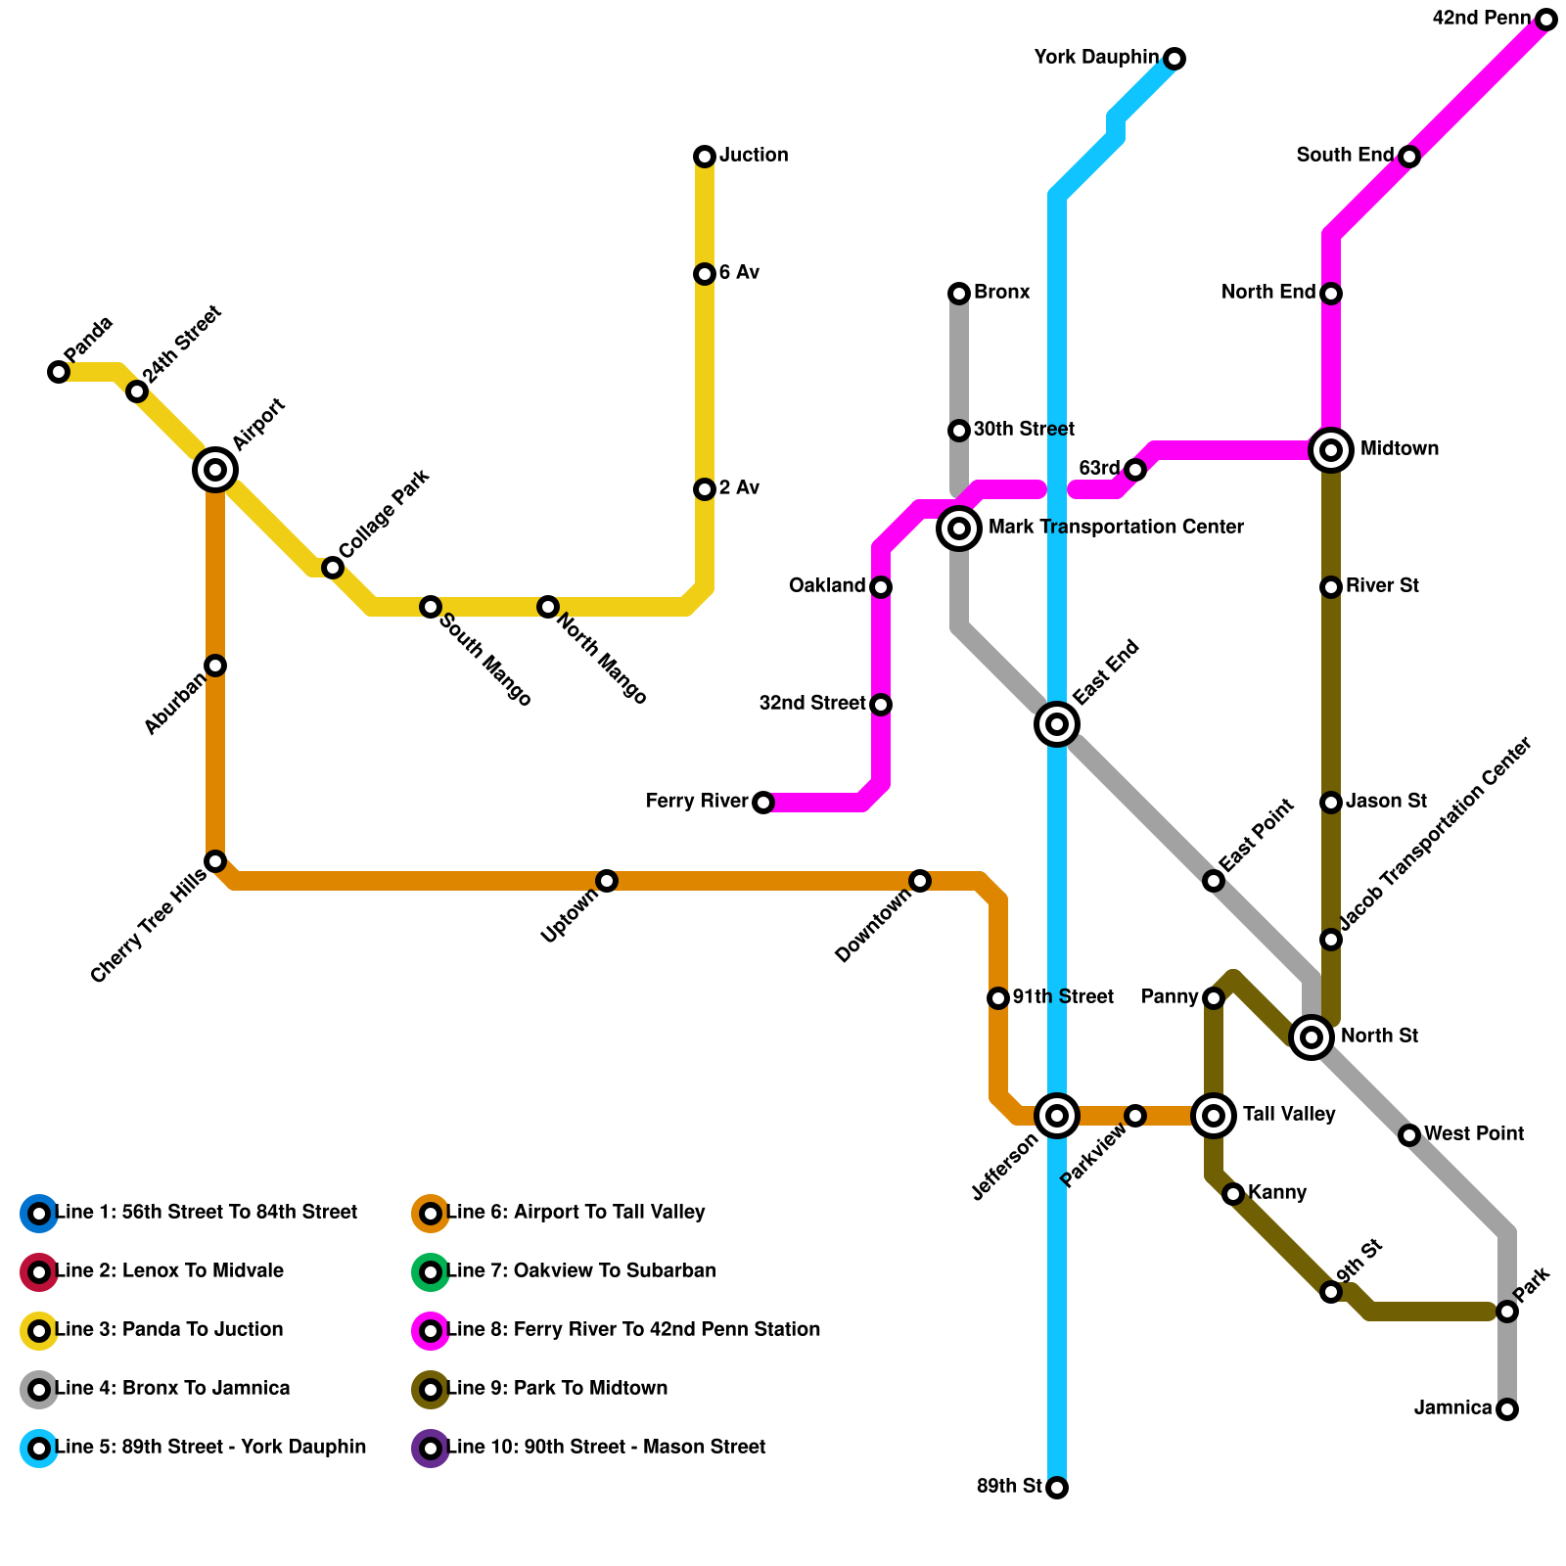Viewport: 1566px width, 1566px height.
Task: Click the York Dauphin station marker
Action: tap(1174, 59)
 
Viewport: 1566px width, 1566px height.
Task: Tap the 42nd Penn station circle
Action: tap(1546, 20)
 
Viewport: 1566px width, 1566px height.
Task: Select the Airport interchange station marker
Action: tap(215, 470)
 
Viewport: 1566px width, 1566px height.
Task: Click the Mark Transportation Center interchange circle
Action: tap(959, 529)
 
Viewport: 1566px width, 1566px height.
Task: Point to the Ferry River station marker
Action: tap(763, 803)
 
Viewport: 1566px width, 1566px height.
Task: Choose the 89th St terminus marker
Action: tap(1057, 1488)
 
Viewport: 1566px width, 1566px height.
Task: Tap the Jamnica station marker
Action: tap(1507, 1409)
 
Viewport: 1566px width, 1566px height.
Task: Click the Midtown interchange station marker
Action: tap(1331, 450)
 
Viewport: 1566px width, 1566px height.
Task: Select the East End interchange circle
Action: tap(1057, 724)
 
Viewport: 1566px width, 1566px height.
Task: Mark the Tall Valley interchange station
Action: tap(1214, 1116)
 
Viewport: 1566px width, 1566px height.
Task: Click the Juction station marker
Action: tap(705, 157)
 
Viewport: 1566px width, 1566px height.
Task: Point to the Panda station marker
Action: tap(59, 372)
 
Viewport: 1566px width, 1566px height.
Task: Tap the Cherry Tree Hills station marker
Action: tap(215, 861)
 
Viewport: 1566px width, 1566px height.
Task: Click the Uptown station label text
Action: tap(570, 917)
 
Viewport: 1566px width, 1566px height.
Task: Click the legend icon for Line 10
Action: tap(431, 1449)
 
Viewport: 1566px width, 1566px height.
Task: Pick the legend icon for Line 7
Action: tap(431, 1272)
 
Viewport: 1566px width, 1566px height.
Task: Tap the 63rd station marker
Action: tap(1135, 470)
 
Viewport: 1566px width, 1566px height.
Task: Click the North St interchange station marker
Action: tap(1312, 1037)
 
